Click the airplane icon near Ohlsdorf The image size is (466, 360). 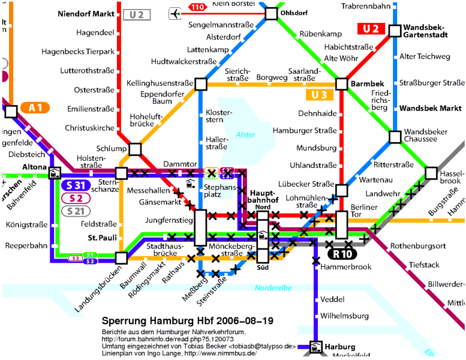(175, 13)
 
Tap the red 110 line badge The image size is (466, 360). (197, 7)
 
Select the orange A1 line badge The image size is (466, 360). (35, 107)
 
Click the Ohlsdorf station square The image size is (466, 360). (271, 13)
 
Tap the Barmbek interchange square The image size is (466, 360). (342, 84)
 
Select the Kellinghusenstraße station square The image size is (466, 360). (200, 84)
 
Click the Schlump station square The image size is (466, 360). (135, 149)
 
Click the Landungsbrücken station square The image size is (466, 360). (122, 258)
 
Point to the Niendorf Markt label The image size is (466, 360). (86, 13)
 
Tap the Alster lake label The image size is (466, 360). (245, 135)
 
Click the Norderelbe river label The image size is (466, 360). (273, 288)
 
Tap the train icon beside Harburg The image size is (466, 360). (315, 347)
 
